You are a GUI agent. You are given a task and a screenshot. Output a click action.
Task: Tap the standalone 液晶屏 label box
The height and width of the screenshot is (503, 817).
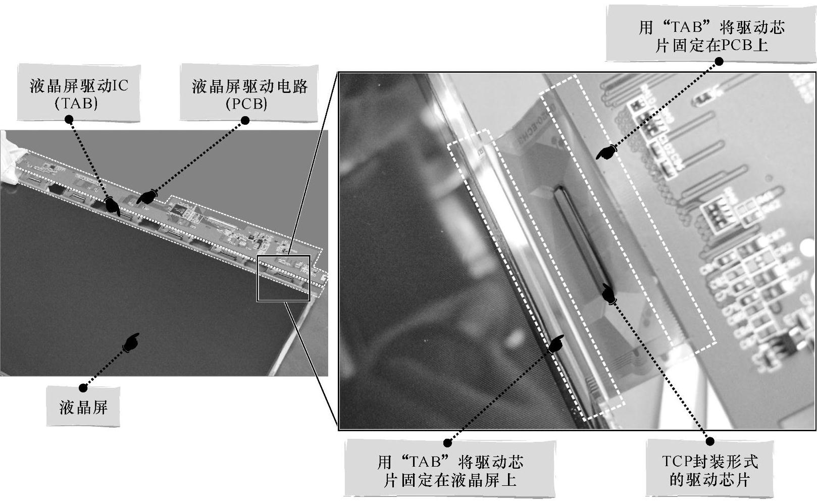[83, 406]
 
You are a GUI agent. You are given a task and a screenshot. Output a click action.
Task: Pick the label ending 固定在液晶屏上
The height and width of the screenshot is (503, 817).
[449, 468]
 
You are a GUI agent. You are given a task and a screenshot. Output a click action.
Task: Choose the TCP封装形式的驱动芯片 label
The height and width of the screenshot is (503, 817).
[710, 468]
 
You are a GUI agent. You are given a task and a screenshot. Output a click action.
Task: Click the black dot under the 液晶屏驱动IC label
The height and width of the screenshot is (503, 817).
[69, 119]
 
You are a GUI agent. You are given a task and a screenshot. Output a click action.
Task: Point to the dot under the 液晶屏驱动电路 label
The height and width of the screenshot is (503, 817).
[245, 120]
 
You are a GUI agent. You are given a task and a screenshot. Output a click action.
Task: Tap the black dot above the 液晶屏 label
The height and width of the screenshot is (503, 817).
[83, 388]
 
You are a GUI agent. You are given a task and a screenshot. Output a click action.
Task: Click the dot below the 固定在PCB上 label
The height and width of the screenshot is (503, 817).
[719, 62]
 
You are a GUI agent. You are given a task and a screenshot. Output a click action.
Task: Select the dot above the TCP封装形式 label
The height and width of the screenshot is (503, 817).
[710, 441]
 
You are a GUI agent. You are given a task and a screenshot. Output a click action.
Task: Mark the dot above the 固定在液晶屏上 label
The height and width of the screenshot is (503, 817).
[447, 443]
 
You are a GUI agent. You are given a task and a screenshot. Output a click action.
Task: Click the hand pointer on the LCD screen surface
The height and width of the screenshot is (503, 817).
[131, 342]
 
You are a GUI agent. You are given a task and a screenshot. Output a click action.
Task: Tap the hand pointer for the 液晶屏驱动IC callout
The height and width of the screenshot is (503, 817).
[112, 206]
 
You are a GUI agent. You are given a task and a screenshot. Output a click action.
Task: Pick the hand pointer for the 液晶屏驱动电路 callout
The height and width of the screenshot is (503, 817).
[147, 196]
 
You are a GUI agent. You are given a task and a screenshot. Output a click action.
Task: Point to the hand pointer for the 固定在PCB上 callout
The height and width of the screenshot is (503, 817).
[606, 152]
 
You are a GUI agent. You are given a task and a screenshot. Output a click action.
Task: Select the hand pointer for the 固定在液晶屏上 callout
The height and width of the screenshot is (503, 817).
[555, 344]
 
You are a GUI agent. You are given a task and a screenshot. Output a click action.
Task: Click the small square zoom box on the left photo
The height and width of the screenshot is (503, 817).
[284, 256]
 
